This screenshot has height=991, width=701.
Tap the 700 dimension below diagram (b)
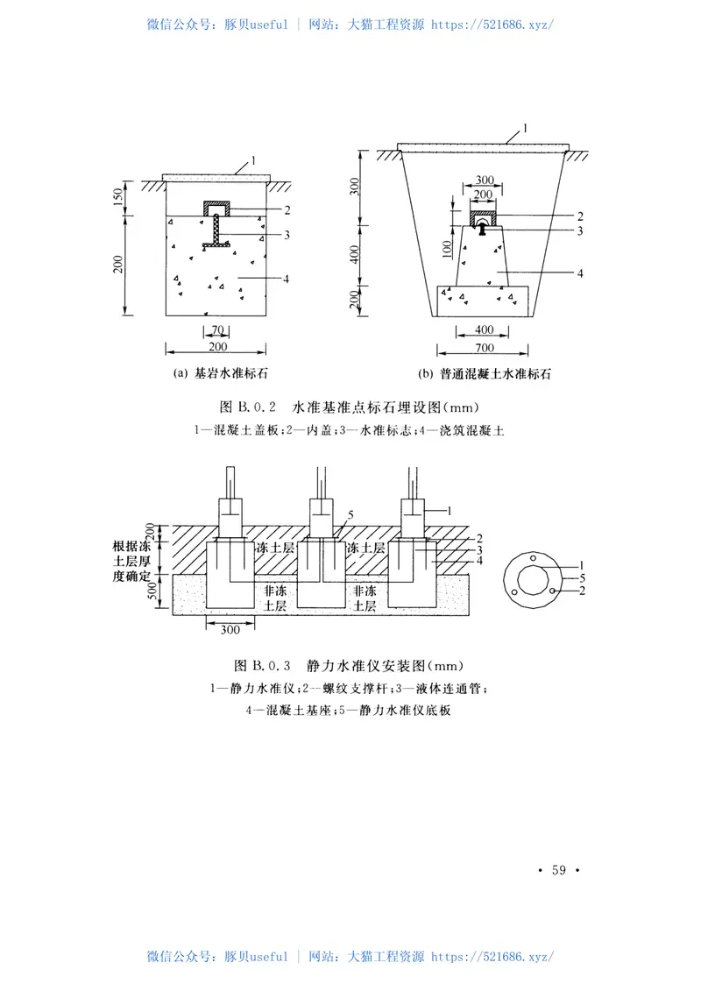[x=484, y=347]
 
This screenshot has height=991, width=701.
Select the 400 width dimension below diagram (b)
[x=484, y=330]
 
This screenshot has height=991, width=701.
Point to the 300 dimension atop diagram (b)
[x=484, y=180]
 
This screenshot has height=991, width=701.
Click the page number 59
[x=558, y=869]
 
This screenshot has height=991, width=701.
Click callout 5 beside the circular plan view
[x=581, y=578]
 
